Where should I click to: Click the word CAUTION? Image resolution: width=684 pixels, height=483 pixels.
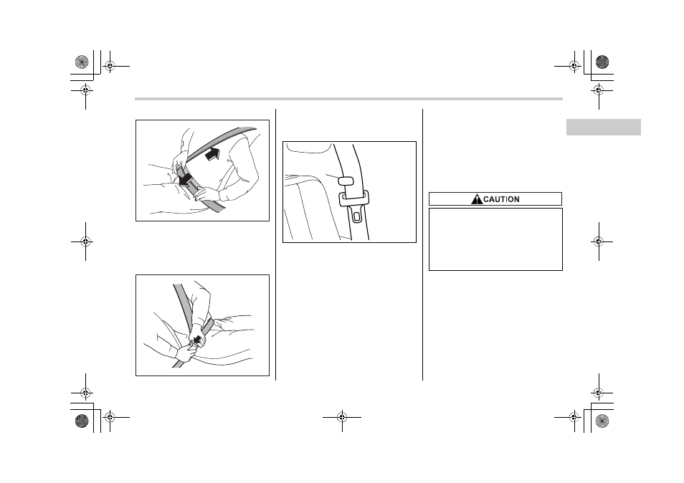[x=501, y=199]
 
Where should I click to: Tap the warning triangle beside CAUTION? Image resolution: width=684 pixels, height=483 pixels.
[x=476, y=199]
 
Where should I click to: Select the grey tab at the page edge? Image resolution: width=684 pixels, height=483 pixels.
[x=603, y=128]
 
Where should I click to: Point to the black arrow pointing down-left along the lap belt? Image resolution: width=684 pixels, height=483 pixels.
[x=186, y=179]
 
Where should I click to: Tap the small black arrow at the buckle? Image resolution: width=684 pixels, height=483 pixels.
[x=198, y=339]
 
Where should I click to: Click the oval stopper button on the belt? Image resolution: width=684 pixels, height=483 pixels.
[x=345, y=181]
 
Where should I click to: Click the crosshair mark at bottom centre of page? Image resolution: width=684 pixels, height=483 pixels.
[x=342, y=418]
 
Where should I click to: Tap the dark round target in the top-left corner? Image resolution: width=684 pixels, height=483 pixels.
[x=82, y=62]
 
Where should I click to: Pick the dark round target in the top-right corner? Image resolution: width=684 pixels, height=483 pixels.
[x=602, y=62]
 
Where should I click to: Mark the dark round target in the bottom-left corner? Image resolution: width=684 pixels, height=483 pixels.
[x=82, y=421]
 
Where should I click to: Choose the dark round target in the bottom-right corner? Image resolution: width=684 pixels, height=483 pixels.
[x=602, y=421]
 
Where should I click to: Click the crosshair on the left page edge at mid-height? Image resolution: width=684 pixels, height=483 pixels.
[x=85, y=241]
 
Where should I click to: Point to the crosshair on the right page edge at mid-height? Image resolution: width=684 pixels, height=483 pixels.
[x=599, y=241]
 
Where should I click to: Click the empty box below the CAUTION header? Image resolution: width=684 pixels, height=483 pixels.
[x=495, y=239]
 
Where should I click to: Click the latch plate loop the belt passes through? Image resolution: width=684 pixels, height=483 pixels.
[x=353, y=199]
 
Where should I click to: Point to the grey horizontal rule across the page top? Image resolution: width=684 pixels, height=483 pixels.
[x=348, y=99]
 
